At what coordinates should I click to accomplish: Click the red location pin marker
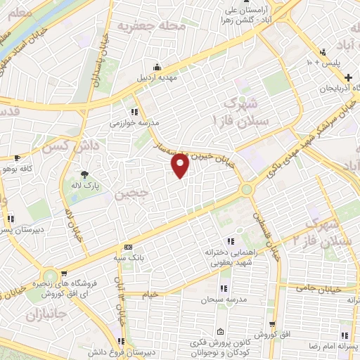181,166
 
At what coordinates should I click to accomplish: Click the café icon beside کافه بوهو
18,159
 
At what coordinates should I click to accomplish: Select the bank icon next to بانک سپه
127,246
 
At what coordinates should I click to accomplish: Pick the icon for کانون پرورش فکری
221,332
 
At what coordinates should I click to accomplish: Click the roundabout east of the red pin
247,189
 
